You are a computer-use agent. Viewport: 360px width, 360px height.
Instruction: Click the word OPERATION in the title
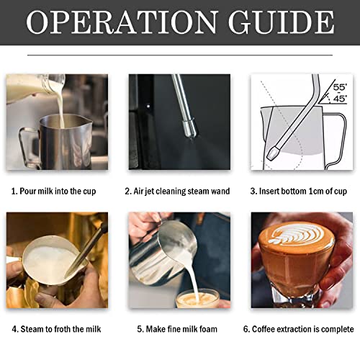pyautogui.click(x=122, y=22)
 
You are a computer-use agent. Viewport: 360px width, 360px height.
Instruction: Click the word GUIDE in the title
pyautogui.click(x=281, y=22)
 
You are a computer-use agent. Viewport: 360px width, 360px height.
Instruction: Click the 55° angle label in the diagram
pyautogui.click(x=340, y=87)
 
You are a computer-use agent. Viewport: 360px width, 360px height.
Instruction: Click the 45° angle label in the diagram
pyautogui.click(x=340, y=99)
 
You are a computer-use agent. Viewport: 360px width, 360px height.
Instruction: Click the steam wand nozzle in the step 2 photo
pyautogui.click(x=189, y=129)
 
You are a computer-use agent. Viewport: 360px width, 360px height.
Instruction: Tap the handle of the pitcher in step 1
pyautogui.click(x=28, y=148)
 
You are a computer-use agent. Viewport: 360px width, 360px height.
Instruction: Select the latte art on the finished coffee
pyautogui.click(x=297, y=234)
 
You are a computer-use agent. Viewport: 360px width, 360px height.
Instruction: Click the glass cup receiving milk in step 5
pyautogui.click(x=197, y=299)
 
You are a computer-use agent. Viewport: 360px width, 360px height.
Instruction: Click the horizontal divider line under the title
pyautogui.click(x=180, y=55)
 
